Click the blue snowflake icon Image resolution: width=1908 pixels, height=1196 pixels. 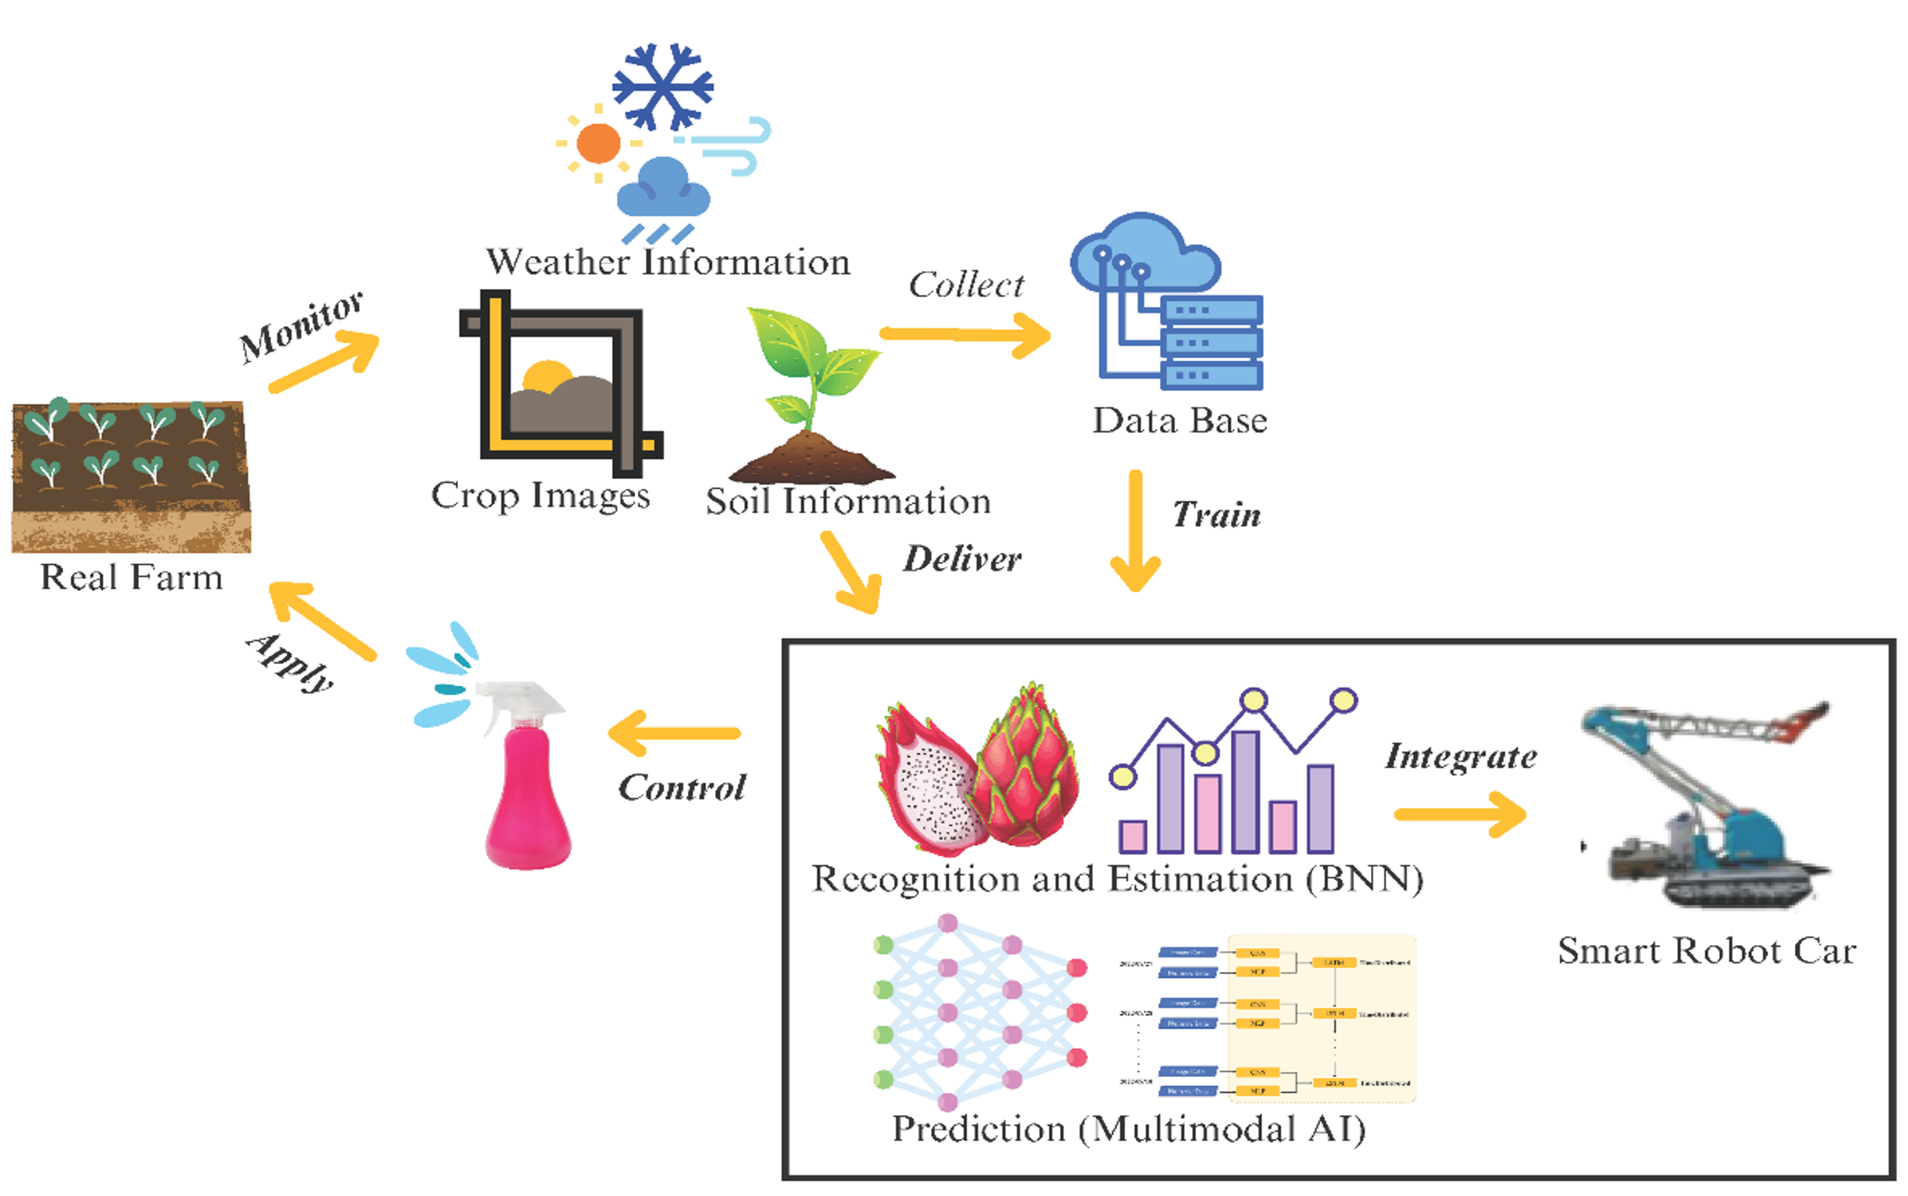tap(662, 86)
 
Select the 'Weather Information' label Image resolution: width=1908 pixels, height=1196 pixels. tap(668, 262)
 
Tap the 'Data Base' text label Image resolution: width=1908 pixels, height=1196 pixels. tap(1179, 421)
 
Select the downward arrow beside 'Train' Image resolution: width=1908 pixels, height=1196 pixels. tap(1135, 530)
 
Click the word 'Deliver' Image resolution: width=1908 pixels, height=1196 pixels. tap(962, 559)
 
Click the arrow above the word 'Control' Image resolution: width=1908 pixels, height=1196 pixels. tap(674, 733)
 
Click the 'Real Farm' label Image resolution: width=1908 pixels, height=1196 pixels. tap(131, 577)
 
